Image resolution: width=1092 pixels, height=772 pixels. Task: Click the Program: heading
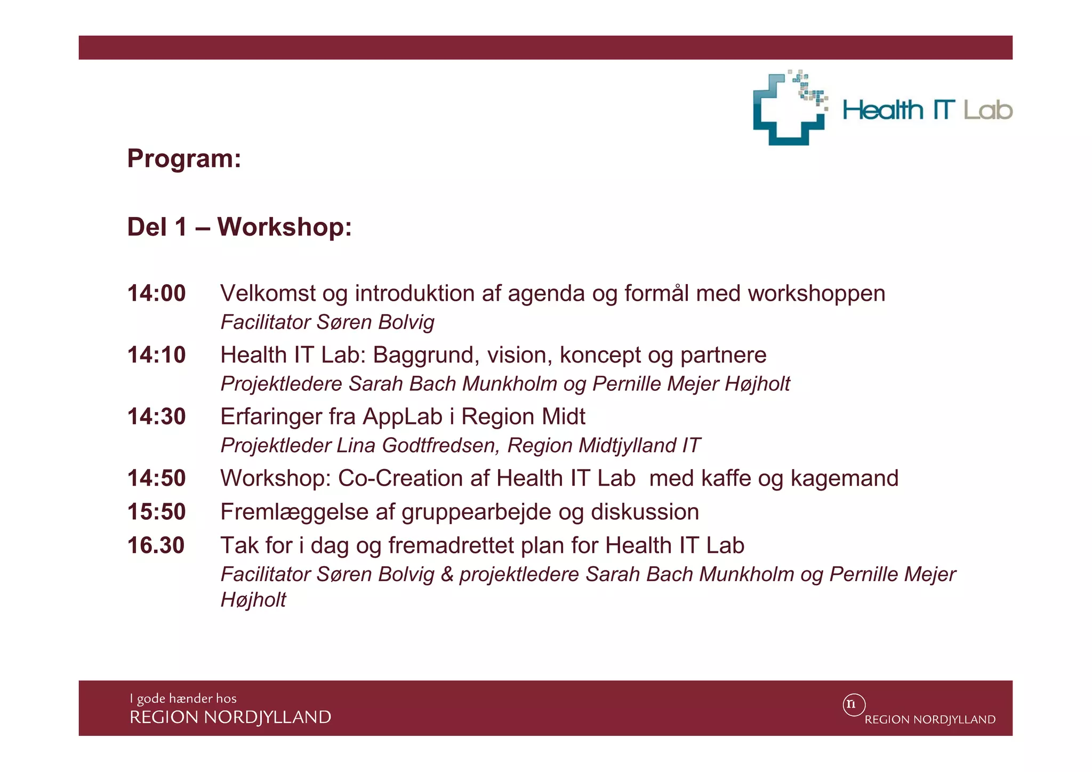(184, 158)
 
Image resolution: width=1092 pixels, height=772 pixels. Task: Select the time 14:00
(156, 293)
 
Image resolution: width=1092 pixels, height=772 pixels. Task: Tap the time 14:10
(156, 355)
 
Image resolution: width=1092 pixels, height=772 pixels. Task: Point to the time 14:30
(156, 416)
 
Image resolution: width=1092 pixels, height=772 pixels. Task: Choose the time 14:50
(156, 478)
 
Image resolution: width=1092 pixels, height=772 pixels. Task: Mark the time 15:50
(156, 512)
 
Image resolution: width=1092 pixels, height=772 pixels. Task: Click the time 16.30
(156, 545)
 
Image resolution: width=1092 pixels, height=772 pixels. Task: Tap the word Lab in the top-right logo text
(987, 110)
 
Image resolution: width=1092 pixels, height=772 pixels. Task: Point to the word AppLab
(403, 417)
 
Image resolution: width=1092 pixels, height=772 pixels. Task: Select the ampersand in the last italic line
(447, 574)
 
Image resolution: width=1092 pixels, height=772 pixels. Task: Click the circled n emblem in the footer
(854, 704)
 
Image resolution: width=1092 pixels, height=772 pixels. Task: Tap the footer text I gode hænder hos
(183, 698)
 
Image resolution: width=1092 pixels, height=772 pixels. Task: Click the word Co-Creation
(401, 478)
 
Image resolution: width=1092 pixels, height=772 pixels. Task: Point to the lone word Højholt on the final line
(253, 600)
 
